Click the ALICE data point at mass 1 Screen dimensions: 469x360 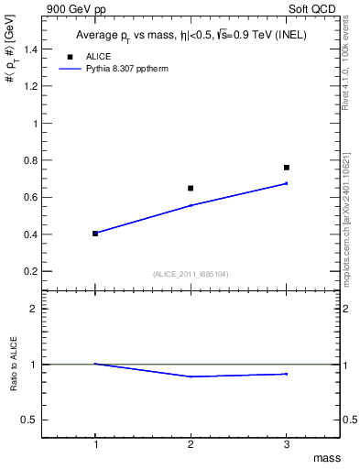point(95,234)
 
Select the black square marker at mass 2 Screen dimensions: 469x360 point(191,188)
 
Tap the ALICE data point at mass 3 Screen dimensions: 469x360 point(287,168)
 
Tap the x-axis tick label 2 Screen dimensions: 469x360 point(191,444)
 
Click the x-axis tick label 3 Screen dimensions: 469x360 point(287,444)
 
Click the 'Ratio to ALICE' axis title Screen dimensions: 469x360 point(14,365)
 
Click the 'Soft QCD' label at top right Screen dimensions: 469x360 point(314,7)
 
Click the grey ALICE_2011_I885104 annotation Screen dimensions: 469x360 point(191,274)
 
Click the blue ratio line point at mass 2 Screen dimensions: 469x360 point(191,376)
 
